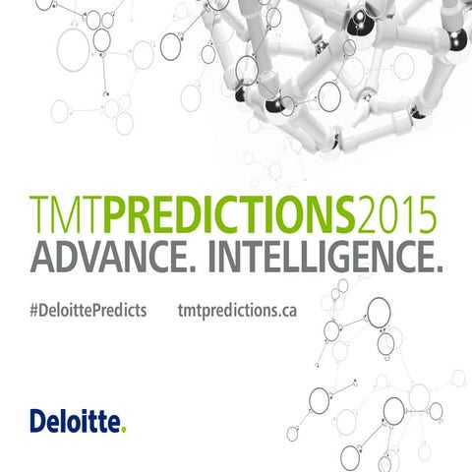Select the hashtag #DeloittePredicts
(88, 310)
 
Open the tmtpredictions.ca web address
(238, 310)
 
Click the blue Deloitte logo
(76, 423)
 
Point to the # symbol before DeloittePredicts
(34, 310)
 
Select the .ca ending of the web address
(285, 310)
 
